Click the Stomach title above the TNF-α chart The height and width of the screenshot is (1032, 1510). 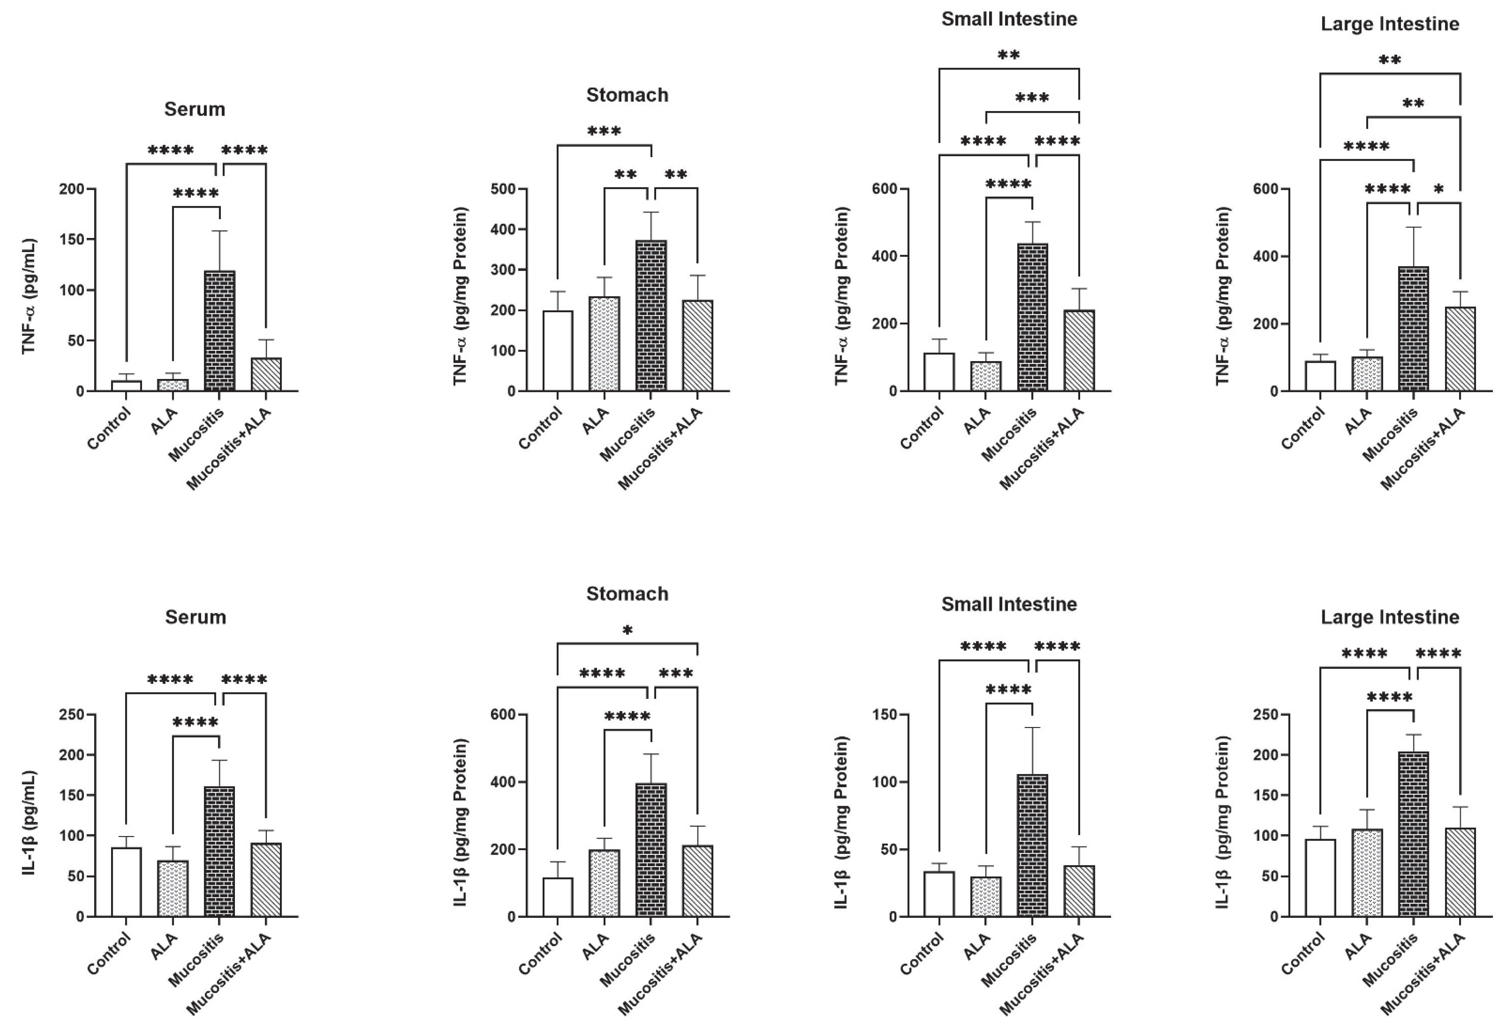pos(627,95)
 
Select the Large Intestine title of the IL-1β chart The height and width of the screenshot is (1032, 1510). pos(1390,617)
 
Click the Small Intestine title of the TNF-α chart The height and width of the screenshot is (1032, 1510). pos(1009,19)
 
